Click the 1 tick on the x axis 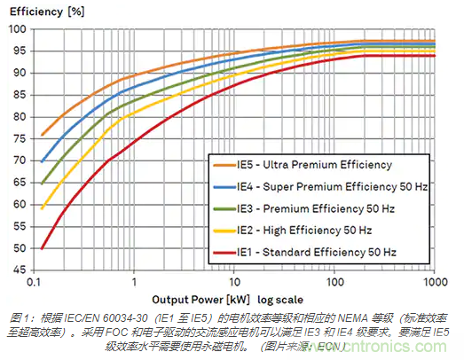[x=134, y=282]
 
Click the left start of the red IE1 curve [x=42, y=249]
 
